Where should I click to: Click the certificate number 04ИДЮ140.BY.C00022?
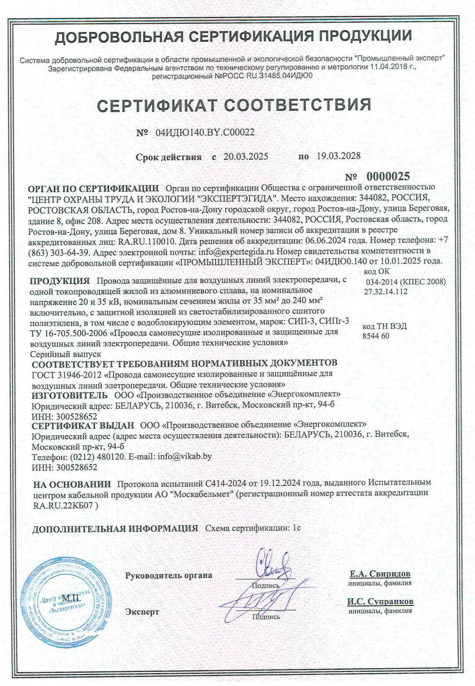205,132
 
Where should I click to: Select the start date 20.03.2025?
246,157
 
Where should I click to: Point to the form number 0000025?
388,176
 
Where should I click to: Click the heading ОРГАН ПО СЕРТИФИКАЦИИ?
93,189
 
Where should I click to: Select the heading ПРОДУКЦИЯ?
60,281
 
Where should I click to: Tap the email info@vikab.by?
185,456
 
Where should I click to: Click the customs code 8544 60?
376,336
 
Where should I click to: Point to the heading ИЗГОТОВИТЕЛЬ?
69,394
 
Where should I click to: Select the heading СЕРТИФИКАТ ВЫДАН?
83,425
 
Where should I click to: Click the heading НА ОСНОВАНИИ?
72,484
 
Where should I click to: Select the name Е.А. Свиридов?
380,574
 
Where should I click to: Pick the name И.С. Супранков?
380,601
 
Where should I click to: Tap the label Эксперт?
142,611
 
